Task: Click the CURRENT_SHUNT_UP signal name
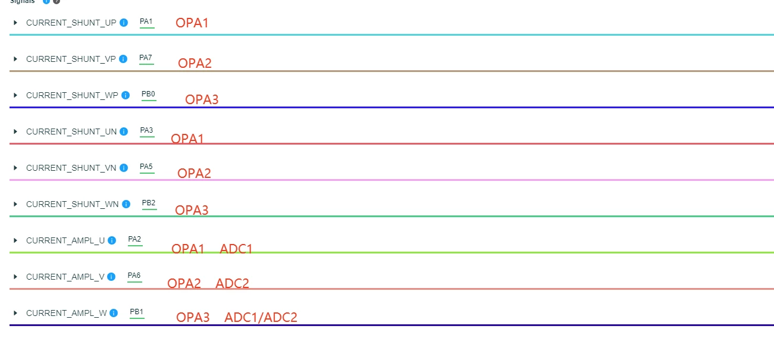pyautogui.click(x=71, y=23)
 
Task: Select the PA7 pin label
pyautogui.click(x=146, y=58)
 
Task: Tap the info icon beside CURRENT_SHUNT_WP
pyautogui.click(x=126, y=95)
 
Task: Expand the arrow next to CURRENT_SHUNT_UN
pyautogui.click(x=15, y=132)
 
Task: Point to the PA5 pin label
pyautogui.click(x=146, y=167)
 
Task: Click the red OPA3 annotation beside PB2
pyautogui.click(x=192, y=210)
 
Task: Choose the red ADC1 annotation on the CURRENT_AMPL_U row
pyautogui.click(x=236, y=249)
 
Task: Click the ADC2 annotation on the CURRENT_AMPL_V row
pyautogui.click(x=232, y=283)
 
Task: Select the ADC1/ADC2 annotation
pyautogui.click(x=261, y=317)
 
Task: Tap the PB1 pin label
pyautogui.click(x=136, y=312)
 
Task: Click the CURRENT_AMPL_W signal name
pyautogui.click(x=67, y=313)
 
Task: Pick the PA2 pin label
pyautogui.click(x=134, y=239)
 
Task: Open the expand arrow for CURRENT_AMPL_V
pyautogui.click(x=15, y=277)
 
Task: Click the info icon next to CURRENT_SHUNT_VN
pyautogui.click(x=124, y=168)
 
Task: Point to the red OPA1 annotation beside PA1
pyautogui.click(x=192, y=23)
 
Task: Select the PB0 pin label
pyautogui.click(x=148, y=94)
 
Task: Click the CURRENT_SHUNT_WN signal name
pyautogui.click(x=72, y=204)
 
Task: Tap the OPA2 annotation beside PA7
pyautogui.click(x=195, y=63)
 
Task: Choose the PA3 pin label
pyautogui.click(x=146, y=130)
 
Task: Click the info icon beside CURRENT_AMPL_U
pyautogui.click(x=112, y=240)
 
